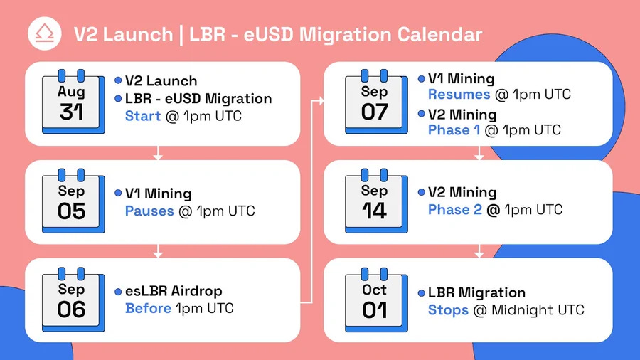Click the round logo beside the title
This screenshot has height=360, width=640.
[x=45, y=33]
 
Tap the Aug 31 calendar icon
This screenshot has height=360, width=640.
[x=73, y=102]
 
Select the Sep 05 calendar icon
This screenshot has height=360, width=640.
[x=73, y=201]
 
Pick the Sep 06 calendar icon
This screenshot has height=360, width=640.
[x=73, y=300]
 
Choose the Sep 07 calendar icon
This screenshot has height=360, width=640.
[x=376, y=102]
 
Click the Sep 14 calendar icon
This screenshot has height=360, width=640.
[x=376, y=201]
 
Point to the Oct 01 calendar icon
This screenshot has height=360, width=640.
[x=376, y=300]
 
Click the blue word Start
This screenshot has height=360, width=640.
[x=143, y=116]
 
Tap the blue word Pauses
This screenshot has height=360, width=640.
[x=149, y=211]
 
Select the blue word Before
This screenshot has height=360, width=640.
[x=148, y=308]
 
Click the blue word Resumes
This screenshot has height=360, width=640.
[x=459, y=95]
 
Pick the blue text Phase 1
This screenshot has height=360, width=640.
[x=454, y=129]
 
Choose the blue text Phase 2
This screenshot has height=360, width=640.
[x=454, y=209]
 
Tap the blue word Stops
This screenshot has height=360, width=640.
[x=448, y=310]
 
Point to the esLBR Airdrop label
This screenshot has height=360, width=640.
[x=174, y=290]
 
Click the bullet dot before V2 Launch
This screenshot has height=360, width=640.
[x=118, y=80]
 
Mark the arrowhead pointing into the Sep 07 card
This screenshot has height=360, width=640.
[x=321, y=100]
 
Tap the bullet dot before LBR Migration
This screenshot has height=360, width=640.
[x=421, y=292]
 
